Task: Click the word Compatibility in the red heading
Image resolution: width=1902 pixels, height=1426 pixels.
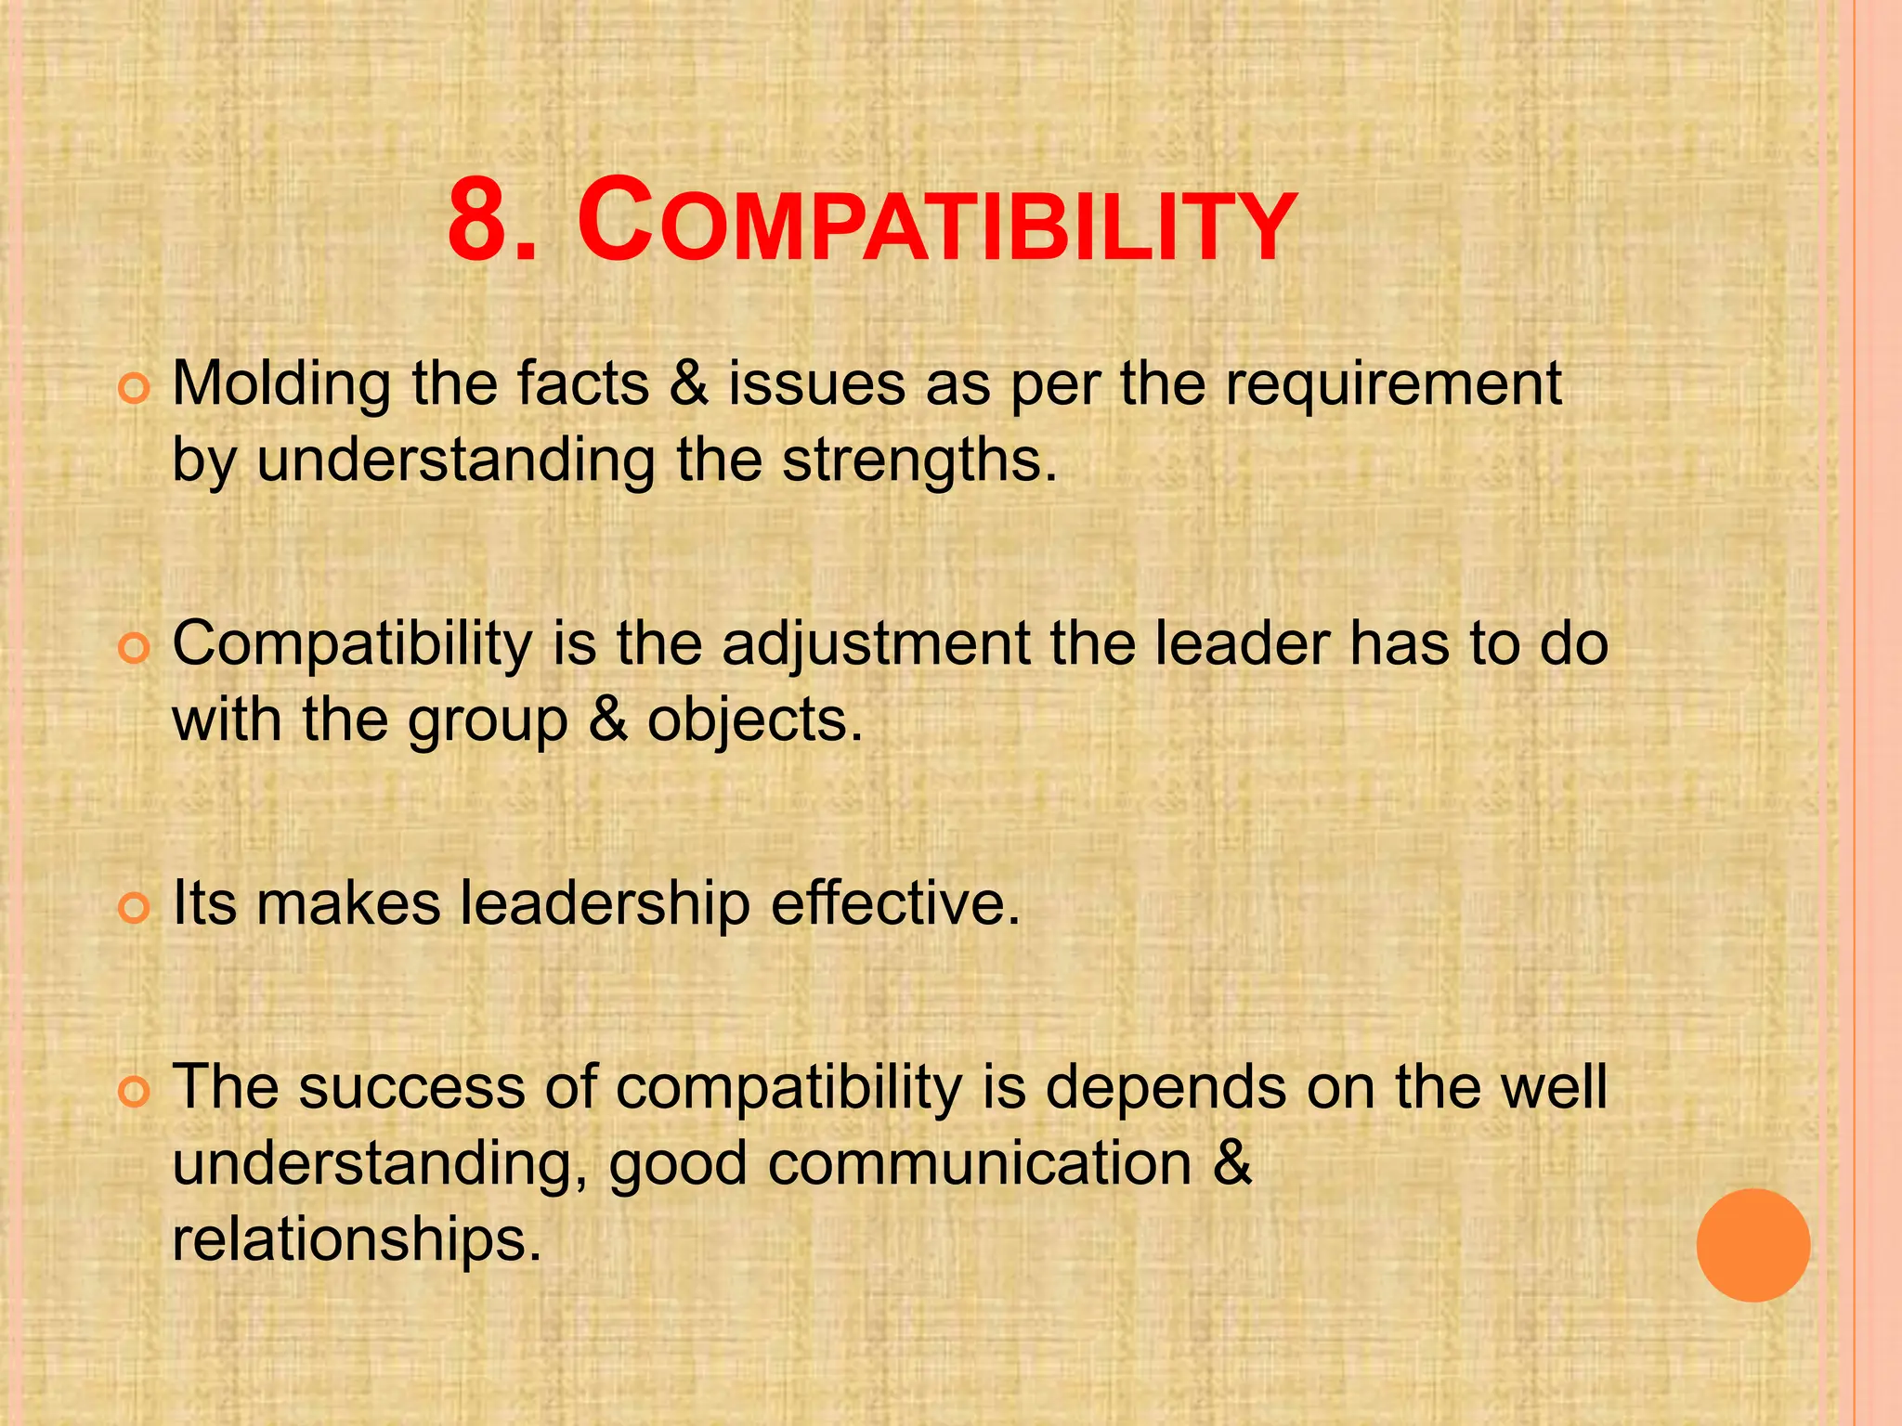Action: (x=936, y=224)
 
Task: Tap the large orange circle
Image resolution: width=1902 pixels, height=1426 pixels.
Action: (x=1752, y=1245)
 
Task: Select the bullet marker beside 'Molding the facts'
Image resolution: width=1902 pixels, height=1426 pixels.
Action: (x=134, y=390)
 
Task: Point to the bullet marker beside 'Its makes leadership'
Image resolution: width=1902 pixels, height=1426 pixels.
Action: (x=134, y=909)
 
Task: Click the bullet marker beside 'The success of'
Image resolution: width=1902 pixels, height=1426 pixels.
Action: (x=134, y=1093)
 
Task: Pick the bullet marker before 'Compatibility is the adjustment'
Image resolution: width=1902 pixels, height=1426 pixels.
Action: (x=134, y=649)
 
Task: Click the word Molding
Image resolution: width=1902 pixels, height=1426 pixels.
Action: (x=281, y=384)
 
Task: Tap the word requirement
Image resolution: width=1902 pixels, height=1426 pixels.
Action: (x=1393, y=384)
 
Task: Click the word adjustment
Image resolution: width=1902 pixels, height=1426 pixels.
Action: (x=876, y=643)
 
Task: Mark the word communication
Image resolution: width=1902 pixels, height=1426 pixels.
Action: (x=980, y=1163)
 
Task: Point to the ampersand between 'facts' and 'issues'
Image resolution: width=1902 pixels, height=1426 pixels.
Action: (x=688, y=384)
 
